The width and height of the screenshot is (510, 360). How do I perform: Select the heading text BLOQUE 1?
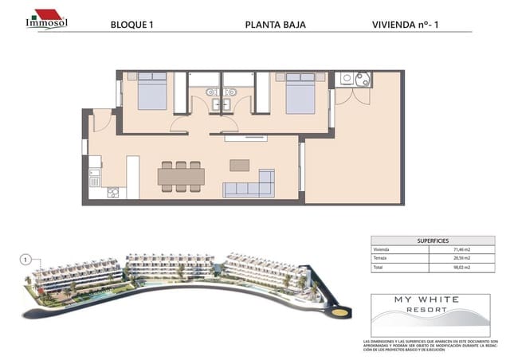click(131, 25)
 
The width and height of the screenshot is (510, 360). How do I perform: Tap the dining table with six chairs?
click(181, 176)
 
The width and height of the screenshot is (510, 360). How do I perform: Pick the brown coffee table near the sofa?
click(239, 165)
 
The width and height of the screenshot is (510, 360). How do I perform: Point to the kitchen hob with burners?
click(112, 192)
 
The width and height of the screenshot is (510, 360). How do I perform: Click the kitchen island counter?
click(133, 176)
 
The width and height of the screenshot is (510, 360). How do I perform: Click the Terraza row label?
click(382, 259)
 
